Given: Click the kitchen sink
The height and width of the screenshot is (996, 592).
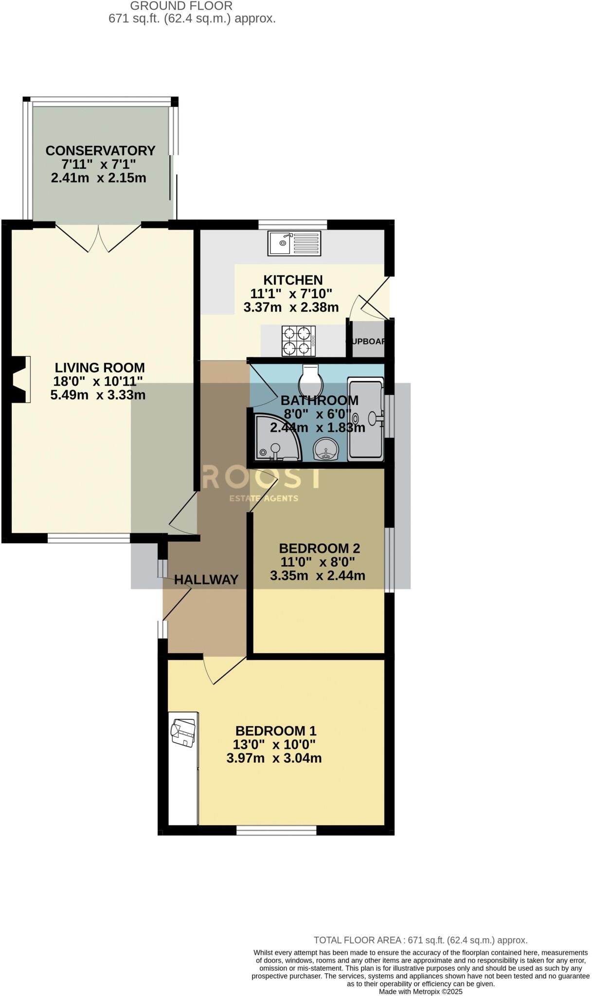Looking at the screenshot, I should (x=294, y=243).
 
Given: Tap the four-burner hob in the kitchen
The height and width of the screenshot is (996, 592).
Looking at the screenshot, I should (x=298, y=340).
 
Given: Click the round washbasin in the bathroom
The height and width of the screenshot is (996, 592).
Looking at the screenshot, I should (x=326, y=448).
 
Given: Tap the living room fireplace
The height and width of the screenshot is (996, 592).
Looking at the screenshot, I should (x=19, y=379).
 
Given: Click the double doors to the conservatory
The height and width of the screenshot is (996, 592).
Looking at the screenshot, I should (x=98, y=238).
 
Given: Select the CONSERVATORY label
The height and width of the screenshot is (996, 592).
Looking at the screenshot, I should (x=100, y=151).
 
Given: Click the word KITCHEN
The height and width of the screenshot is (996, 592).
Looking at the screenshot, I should (x=293, y=280).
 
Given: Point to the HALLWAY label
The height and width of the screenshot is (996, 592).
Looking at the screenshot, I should (x=206, y=580).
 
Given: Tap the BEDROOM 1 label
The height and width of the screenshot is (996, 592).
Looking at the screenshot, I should (x=276, y=730).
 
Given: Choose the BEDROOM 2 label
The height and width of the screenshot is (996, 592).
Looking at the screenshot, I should (x=319, y=548).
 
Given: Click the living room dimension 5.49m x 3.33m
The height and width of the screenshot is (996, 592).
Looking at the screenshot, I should (x=98, y=395).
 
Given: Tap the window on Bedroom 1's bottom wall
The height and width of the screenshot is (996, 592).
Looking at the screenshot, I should (x=276, y=830).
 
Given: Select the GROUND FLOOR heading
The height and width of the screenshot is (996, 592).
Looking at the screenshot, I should (x=181, y=6).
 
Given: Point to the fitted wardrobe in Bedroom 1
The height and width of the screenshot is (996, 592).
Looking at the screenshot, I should (x=183, y=768).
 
